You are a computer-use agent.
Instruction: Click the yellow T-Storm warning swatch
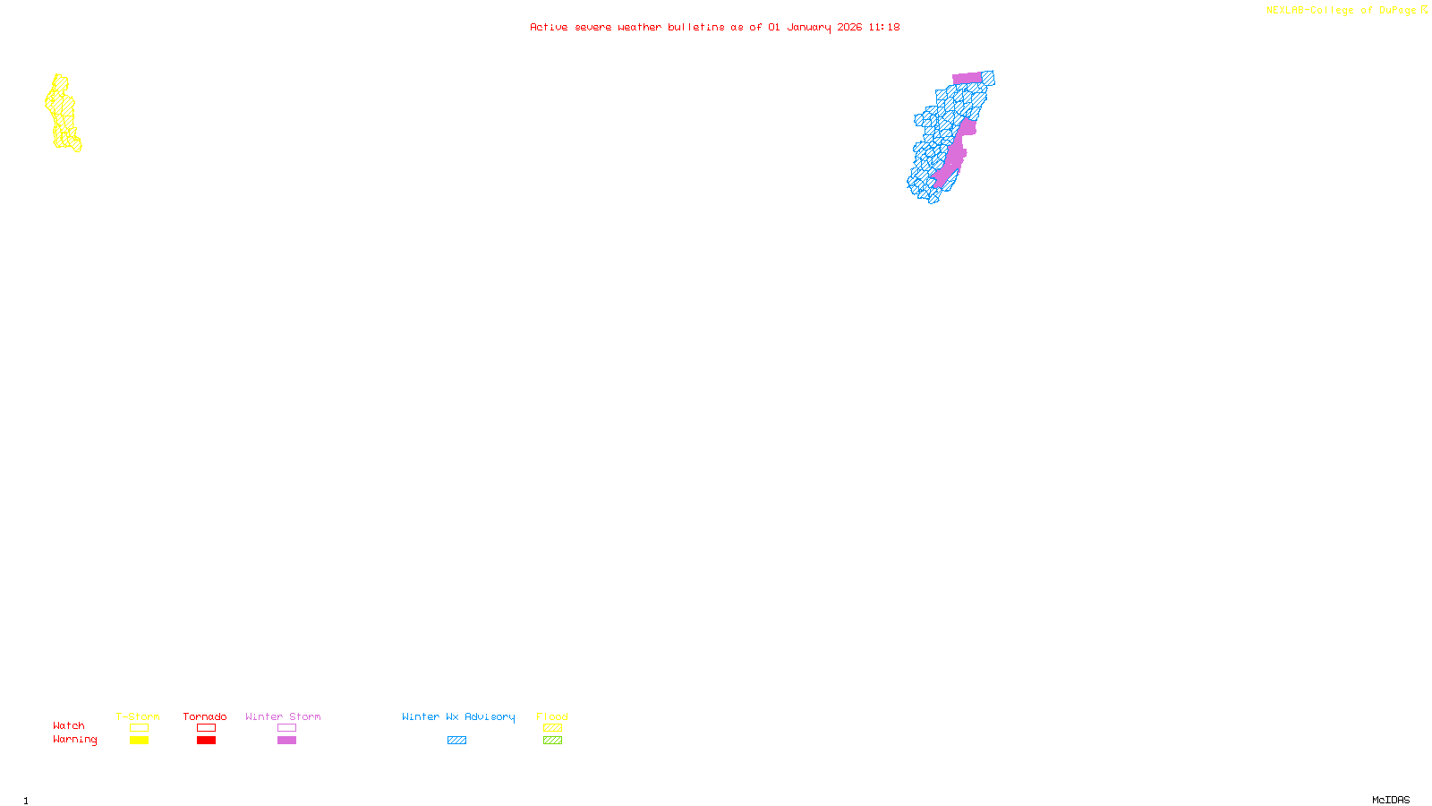[139, 741]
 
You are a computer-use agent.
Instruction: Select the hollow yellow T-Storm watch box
[139, 728]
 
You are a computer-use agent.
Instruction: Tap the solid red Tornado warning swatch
[206, 741]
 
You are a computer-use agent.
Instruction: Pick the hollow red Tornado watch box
[206, 728]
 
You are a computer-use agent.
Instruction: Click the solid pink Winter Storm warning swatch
[286, 741]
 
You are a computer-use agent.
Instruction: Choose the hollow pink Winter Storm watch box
[286, 728]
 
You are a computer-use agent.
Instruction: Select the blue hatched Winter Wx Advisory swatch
[456, 741]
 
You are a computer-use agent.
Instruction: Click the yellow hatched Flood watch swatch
[552, 728]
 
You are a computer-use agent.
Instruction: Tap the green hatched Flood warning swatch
[552, 741]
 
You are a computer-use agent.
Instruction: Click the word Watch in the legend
[69, 726]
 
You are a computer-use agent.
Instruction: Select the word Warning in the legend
[74, 740]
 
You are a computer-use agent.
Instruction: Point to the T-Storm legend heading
[138, 716]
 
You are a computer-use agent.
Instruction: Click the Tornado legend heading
[205, 716]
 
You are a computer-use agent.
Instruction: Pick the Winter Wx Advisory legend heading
[458, 716]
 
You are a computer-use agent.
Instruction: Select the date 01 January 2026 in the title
[814, 27]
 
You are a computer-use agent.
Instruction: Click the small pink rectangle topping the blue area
[967, 78]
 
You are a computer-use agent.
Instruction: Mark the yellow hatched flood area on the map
[62, 113]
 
